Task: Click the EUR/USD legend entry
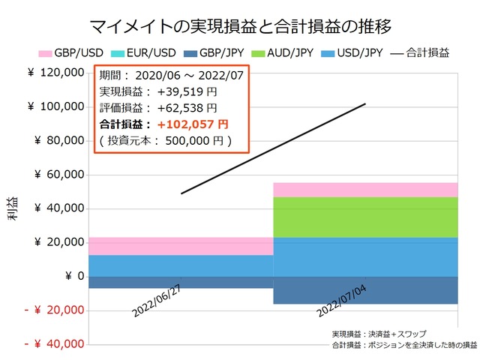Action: [x=145, y=53]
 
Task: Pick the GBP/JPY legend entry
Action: [x=217, y=53]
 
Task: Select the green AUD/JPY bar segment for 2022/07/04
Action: [x=365, y=217]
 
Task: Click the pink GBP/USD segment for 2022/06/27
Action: [x=181, y=246]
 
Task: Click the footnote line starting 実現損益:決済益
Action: [x=375, y=334]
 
